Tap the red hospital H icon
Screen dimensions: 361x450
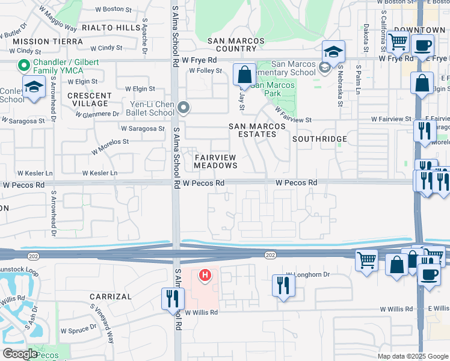click(205, 276)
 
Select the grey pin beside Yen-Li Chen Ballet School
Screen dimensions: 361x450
click(184, 108)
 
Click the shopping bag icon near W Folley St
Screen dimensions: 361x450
click(244, 76)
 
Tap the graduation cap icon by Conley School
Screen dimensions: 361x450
click(34, 87)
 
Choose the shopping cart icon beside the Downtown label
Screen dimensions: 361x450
click(398, 42)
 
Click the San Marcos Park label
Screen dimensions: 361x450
click(273, 90)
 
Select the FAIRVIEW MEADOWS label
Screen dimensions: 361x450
click(215, 161)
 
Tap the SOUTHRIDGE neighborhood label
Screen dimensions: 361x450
click(319, 139)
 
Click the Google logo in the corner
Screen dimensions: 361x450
click(20, 354)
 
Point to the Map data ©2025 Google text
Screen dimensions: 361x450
click(412, 356)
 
